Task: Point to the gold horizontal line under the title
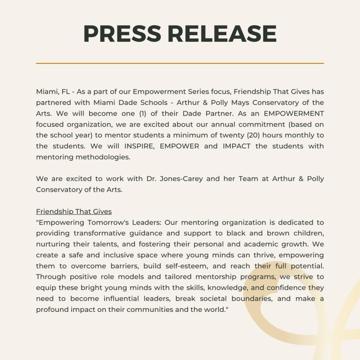click(x=180, y=63)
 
